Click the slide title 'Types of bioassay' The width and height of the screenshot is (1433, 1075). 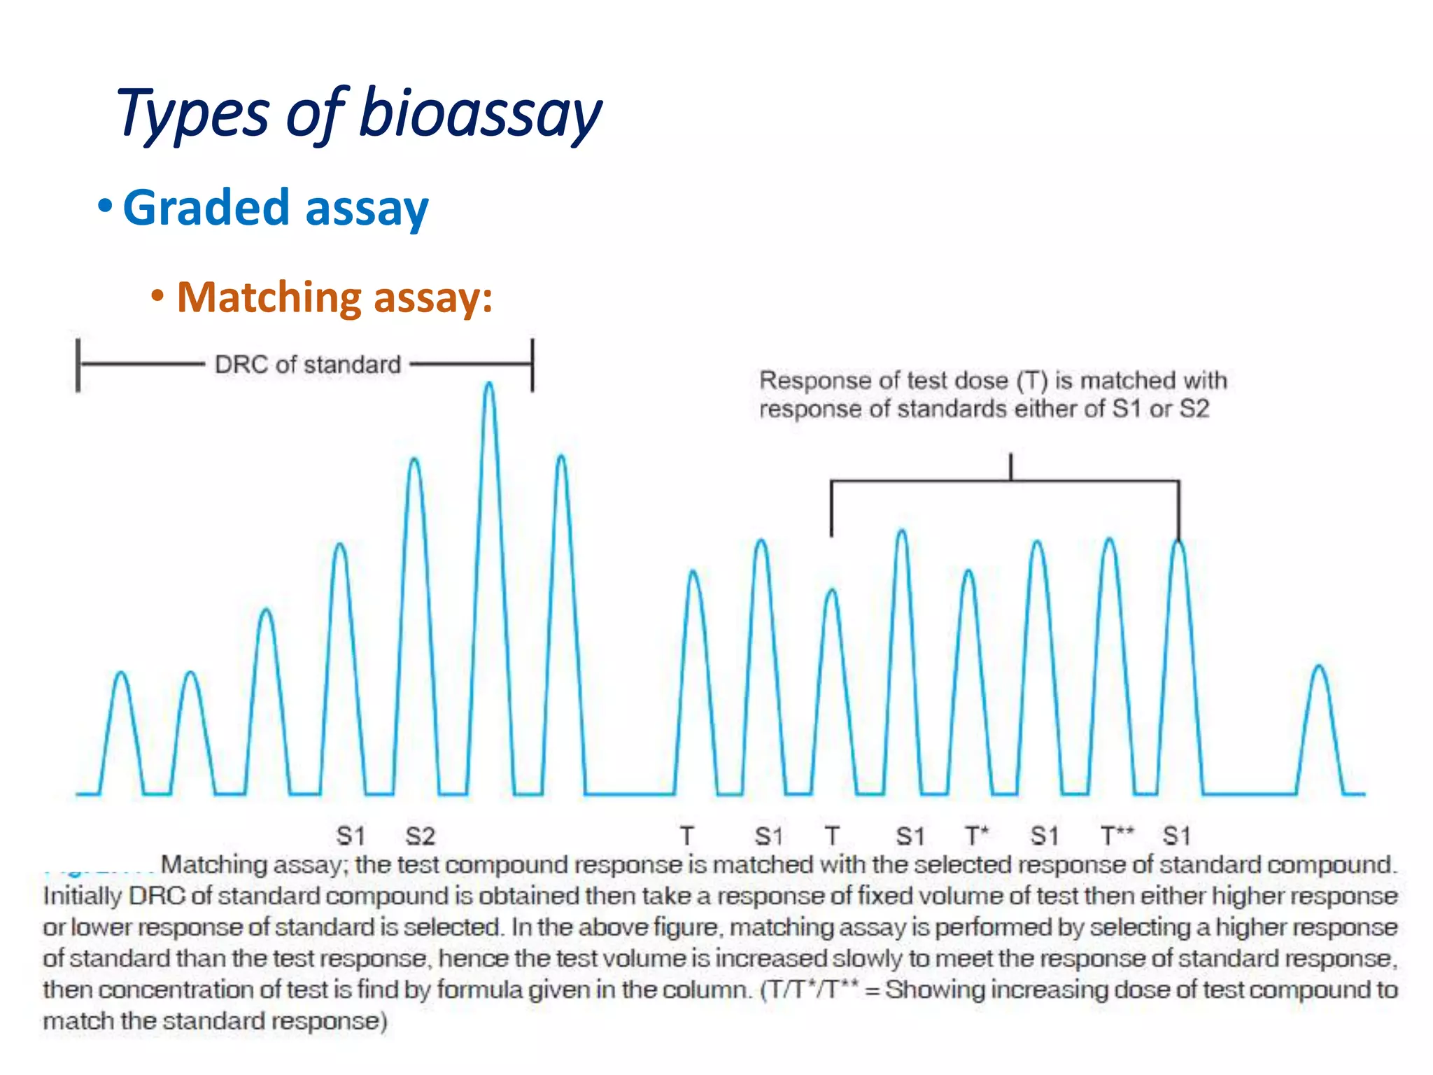(359, 114)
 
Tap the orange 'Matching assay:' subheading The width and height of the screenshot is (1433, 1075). (334, 297)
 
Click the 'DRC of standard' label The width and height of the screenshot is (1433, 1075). (307, 365)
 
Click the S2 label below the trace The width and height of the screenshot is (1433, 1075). (420, 836)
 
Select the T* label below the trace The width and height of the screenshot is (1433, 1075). (977, 836)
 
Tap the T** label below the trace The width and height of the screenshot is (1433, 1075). (1117, 836)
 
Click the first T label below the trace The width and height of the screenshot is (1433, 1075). (687, 836)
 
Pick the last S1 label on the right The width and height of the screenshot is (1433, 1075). (1176, 836)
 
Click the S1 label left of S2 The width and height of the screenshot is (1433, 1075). (351, 836)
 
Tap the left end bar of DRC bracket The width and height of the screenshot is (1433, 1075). (78, 365)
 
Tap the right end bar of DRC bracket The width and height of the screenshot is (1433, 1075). (532, 365)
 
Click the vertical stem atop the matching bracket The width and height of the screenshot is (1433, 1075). (1010, 467)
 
